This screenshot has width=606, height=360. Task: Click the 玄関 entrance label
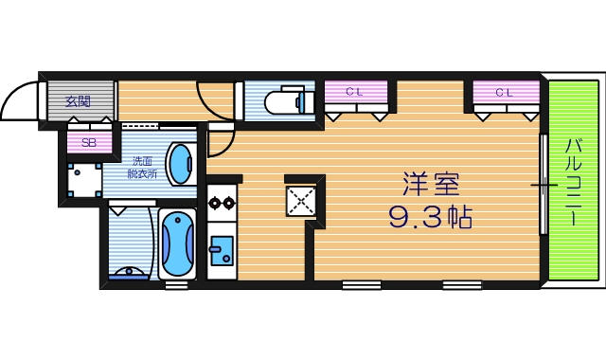78,99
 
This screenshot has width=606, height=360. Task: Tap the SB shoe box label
88,144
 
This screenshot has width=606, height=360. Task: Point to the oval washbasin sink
179,164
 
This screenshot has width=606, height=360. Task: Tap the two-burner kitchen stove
222,201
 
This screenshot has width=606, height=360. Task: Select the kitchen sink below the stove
222,252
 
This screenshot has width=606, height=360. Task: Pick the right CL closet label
503,93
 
